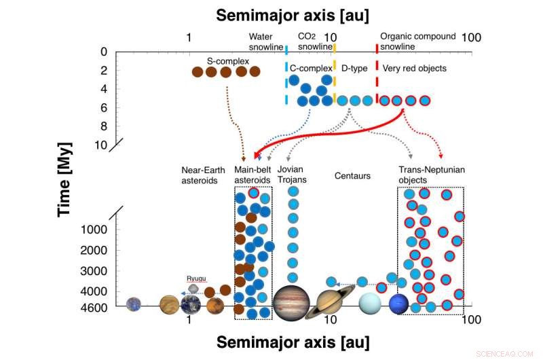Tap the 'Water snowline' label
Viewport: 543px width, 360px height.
(265, 41)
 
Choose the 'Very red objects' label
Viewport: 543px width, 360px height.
(415, 69)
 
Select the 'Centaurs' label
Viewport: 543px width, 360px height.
(352, 176)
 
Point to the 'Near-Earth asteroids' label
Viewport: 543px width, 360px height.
(200, 175)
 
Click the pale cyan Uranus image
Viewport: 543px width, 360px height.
(371, 304)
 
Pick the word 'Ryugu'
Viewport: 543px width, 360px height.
(196, 278)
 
